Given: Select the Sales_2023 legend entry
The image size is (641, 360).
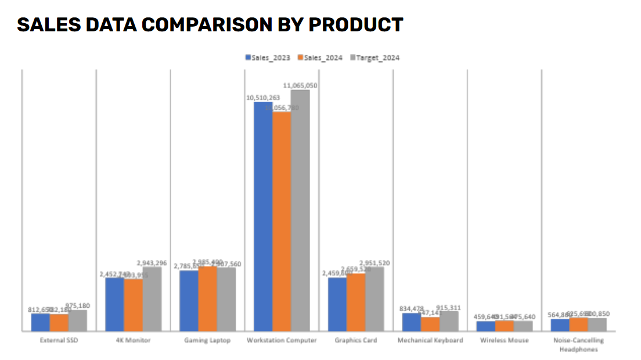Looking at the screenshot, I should [271, 57].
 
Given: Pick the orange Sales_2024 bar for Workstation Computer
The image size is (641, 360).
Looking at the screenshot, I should [282, 221].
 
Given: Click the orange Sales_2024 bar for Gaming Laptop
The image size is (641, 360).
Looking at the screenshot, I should [207, 299].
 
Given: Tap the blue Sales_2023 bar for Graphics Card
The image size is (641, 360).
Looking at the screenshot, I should [337, 304].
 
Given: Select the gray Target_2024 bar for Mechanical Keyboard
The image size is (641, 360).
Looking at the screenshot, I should [449, 321].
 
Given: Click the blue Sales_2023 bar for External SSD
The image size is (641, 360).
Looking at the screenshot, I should [40, 322].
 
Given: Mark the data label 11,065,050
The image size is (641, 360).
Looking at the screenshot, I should [300, 85].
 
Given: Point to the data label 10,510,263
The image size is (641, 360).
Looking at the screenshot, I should [263, 98].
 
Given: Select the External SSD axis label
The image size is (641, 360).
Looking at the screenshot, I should [59, 340].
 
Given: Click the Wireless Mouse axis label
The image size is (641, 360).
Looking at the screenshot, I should [504, 340].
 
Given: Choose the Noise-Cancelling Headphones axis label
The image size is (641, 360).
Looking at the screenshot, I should [578, 344].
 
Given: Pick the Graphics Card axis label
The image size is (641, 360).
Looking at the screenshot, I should [356, 340].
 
